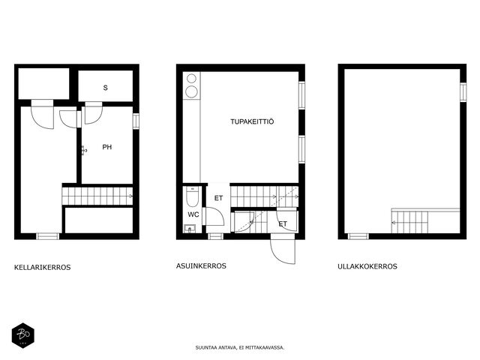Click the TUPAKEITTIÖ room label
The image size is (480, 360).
(252, 121)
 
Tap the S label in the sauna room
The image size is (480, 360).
(105, 88)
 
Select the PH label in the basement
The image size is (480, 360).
(106, 147)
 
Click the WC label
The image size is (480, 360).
(193, 214)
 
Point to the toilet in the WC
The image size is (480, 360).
(193, 196)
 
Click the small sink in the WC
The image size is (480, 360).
(190, 229)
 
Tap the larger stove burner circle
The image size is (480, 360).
(192, 91)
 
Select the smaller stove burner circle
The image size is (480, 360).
(192, 79)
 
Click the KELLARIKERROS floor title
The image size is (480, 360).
(42, 267)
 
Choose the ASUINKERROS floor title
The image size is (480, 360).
(201, 265)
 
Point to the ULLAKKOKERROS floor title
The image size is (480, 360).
(367, 266)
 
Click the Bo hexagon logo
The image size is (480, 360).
(23, 336)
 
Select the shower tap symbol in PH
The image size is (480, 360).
(84, 151)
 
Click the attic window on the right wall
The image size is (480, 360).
(463, 92)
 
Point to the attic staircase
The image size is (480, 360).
(410, 221)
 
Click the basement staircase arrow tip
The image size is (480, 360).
(132, 196)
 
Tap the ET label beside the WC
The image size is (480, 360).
(218, 198)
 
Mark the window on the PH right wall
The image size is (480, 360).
(136, 121)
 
